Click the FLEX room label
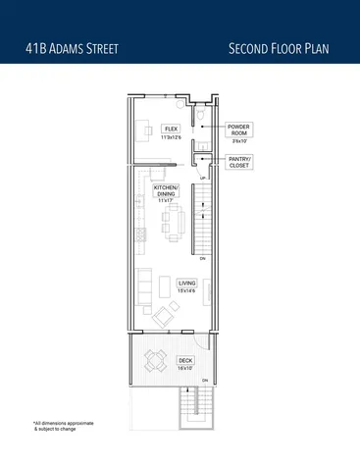171,128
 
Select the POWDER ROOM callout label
239,131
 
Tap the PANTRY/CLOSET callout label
239,162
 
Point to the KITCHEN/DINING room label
165,191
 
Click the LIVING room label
186,283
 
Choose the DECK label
185,360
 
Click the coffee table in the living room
161,286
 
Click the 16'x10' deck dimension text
185,368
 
